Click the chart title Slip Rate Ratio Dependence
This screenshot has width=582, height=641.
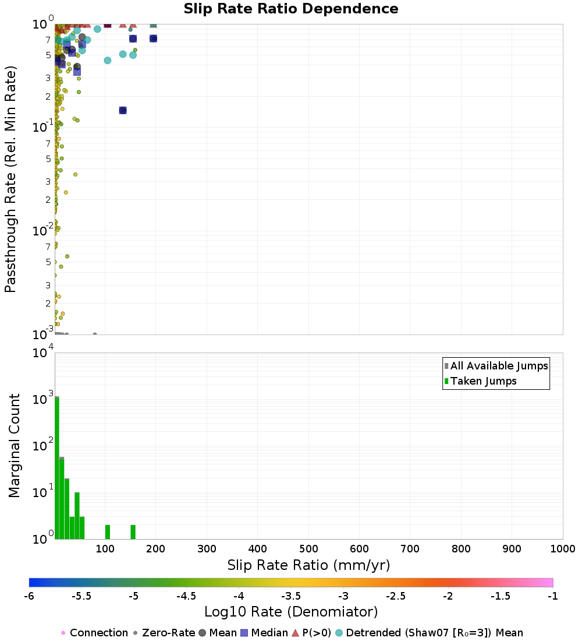coord(291,9)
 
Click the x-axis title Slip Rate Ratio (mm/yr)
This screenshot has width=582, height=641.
coord(308,565)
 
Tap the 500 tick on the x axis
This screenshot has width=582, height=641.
coord(308,548)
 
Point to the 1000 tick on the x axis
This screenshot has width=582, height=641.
coord(563,548)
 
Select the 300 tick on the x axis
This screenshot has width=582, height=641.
coord(207,548)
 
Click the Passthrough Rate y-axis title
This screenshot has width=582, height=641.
coord(10,179)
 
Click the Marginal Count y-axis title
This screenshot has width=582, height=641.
coord(14,446)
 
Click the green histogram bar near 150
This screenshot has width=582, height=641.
coord(133,532)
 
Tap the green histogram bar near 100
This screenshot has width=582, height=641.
coord(108,532)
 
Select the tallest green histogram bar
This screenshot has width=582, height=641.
coord(57,466)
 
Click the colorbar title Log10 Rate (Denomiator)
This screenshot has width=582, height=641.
coord(291,612)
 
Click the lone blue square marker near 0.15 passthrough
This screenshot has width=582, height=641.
coord(123,110)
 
